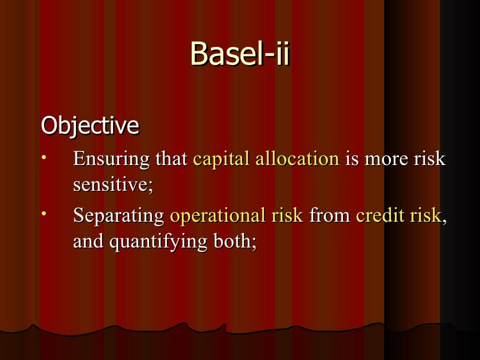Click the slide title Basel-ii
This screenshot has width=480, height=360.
click(x=240, y=53)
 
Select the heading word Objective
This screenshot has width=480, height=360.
click(x=90, y=126)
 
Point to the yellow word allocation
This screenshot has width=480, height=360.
click(x=297, y=159)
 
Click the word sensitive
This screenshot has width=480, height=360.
click(x=112, y=185)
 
